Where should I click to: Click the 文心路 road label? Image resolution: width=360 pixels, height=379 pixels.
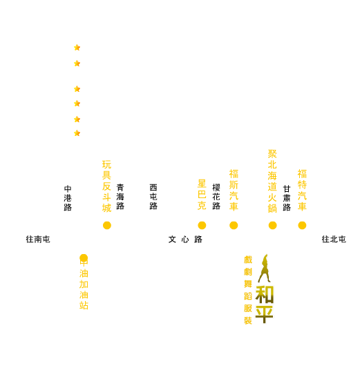click(185, 240)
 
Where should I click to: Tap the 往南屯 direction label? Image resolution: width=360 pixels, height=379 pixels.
click(38, 240)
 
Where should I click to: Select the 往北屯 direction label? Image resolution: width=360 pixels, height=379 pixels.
click(334, 240)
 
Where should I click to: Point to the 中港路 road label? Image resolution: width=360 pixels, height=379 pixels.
click(68, 198)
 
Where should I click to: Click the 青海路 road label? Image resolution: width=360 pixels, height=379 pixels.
click(120, 197)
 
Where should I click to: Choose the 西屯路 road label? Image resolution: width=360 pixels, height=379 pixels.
click(153, 197)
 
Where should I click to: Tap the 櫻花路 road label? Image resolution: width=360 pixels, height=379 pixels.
click(216, 197)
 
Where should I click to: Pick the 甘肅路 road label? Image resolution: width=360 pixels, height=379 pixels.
click(287, 198)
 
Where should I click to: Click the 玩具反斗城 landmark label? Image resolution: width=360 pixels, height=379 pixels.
click(106, 186)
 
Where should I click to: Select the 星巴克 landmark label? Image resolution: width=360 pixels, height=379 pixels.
click(202, 195)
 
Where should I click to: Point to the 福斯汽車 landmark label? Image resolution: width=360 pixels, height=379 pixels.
click(234, 190)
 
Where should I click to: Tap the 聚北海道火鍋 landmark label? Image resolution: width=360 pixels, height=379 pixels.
click(272, 182)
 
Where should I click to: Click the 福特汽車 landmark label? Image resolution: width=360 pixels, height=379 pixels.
click(302, 190)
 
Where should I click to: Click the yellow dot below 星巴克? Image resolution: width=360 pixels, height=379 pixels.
click(202, 225)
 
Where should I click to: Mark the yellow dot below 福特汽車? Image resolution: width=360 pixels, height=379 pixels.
click(302, 225)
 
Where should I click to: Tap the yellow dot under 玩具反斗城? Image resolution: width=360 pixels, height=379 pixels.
click(107, 225)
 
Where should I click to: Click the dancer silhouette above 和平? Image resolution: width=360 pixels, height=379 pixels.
click(264, 269)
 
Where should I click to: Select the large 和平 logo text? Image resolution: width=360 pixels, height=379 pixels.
click(265, 304)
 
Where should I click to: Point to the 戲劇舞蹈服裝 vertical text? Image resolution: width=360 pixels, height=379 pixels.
click(248, 290)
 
